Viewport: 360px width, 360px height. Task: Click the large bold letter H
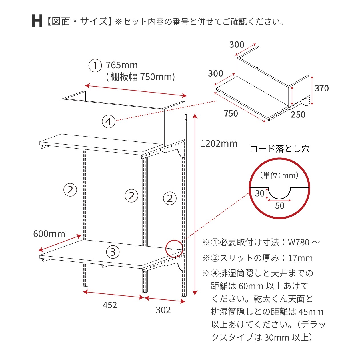[37, 21]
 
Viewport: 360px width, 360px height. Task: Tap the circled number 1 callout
[95, 66]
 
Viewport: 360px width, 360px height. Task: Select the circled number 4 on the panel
[109, 122]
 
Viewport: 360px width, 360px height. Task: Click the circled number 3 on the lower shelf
[113, 252]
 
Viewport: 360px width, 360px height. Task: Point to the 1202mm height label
[219, 144]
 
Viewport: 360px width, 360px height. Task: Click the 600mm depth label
[49, 234]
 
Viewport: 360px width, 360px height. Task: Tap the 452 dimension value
[110, 305]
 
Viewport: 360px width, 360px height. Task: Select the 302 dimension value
[163, 310]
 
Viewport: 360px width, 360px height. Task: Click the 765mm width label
[122, 65]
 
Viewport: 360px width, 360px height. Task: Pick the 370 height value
[322, 88]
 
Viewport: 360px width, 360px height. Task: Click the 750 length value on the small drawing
[231, 114]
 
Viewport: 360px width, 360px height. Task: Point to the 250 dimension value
[298, 115]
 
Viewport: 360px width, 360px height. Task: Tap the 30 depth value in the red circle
[260, 193]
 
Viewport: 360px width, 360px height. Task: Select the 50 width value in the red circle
[279, 206]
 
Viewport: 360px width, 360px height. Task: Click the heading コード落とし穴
[280, 149]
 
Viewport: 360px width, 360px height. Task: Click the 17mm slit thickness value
[300, 258]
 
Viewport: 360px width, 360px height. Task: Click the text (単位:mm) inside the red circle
[279, 175]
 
